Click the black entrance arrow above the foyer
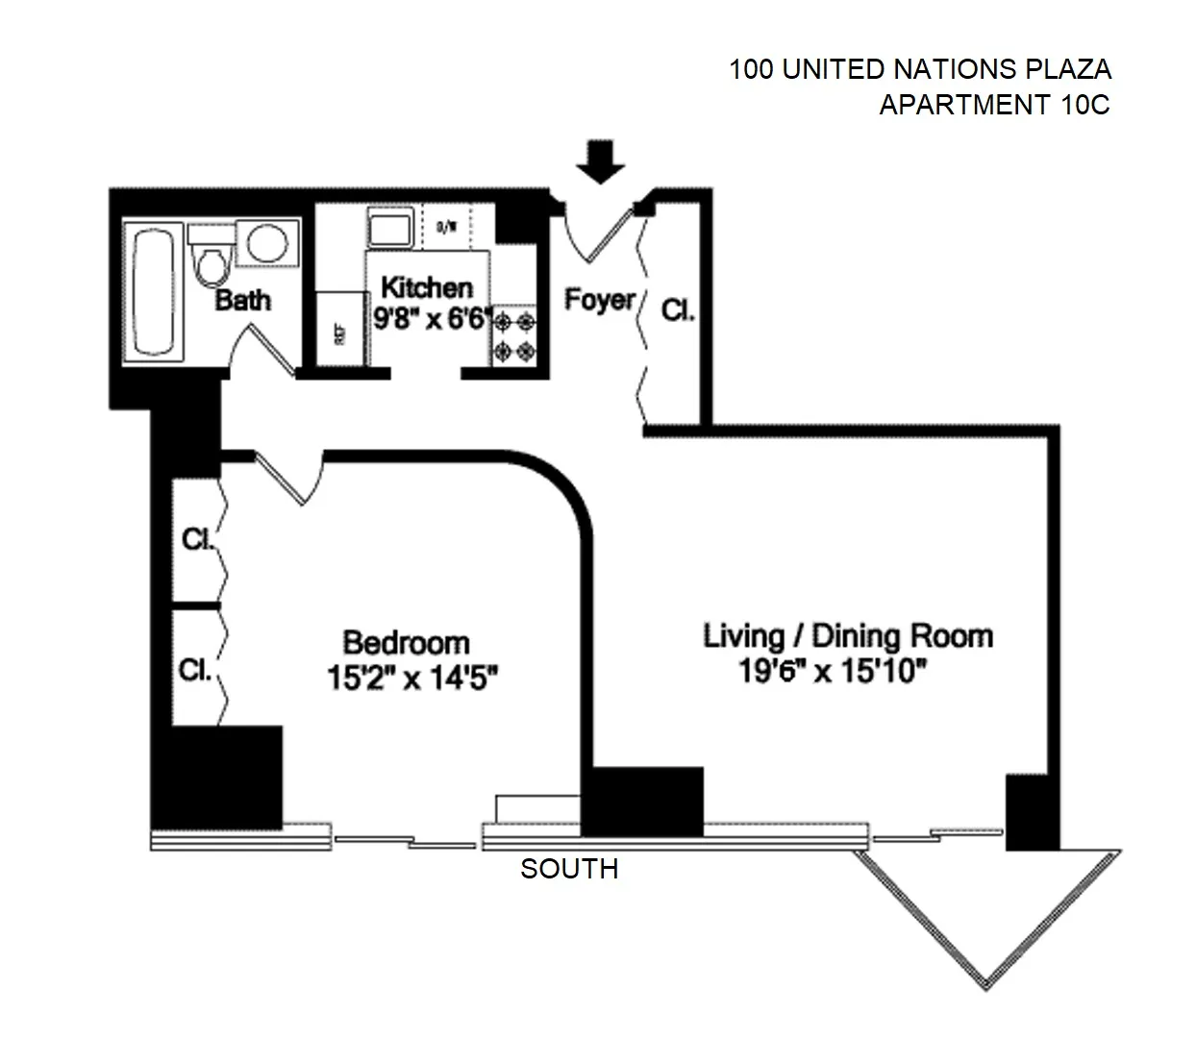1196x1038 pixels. coord(601,161)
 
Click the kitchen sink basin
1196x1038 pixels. coord(390,232)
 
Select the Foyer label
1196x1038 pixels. coord(599,300)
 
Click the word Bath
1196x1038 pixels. coord(242,300)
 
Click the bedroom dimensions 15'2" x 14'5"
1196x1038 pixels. coord(411,679)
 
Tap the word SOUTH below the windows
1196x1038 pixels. coord(569,869)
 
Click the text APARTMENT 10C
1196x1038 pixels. coord(994,104)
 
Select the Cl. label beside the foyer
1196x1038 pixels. coord(678,310)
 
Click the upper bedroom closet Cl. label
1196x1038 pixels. coord(197,539)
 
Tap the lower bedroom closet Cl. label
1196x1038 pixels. coord(195,669)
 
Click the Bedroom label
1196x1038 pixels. coord(407,642)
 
